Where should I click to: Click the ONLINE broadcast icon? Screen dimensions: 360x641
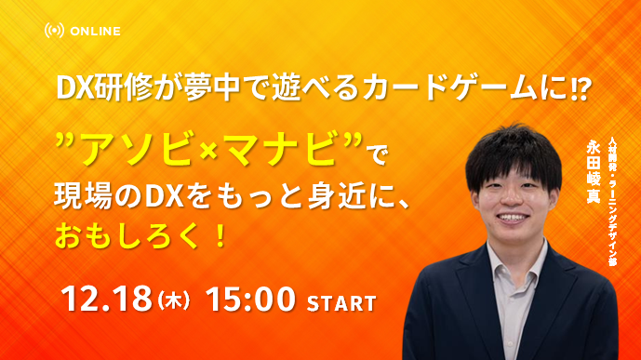click(x=54, y=31)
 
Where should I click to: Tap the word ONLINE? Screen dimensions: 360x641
click(x=94, y=31)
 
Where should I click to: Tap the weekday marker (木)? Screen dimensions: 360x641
click(x=173, y=301)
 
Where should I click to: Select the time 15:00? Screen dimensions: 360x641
click(x=253, y=300)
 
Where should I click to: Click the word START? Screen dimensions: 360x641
click(x=341, y=303)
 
